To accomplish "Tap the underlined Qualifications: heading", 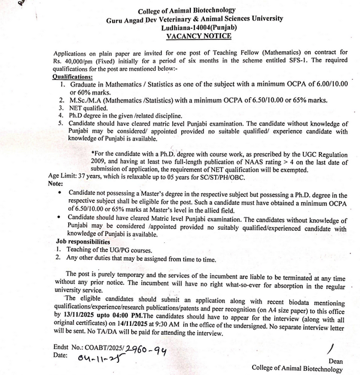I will (x=72, y=77).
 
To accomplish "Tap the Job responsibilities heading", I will (x=84, y=241).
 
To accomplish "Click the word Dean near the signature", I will (x=334, y=361).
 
